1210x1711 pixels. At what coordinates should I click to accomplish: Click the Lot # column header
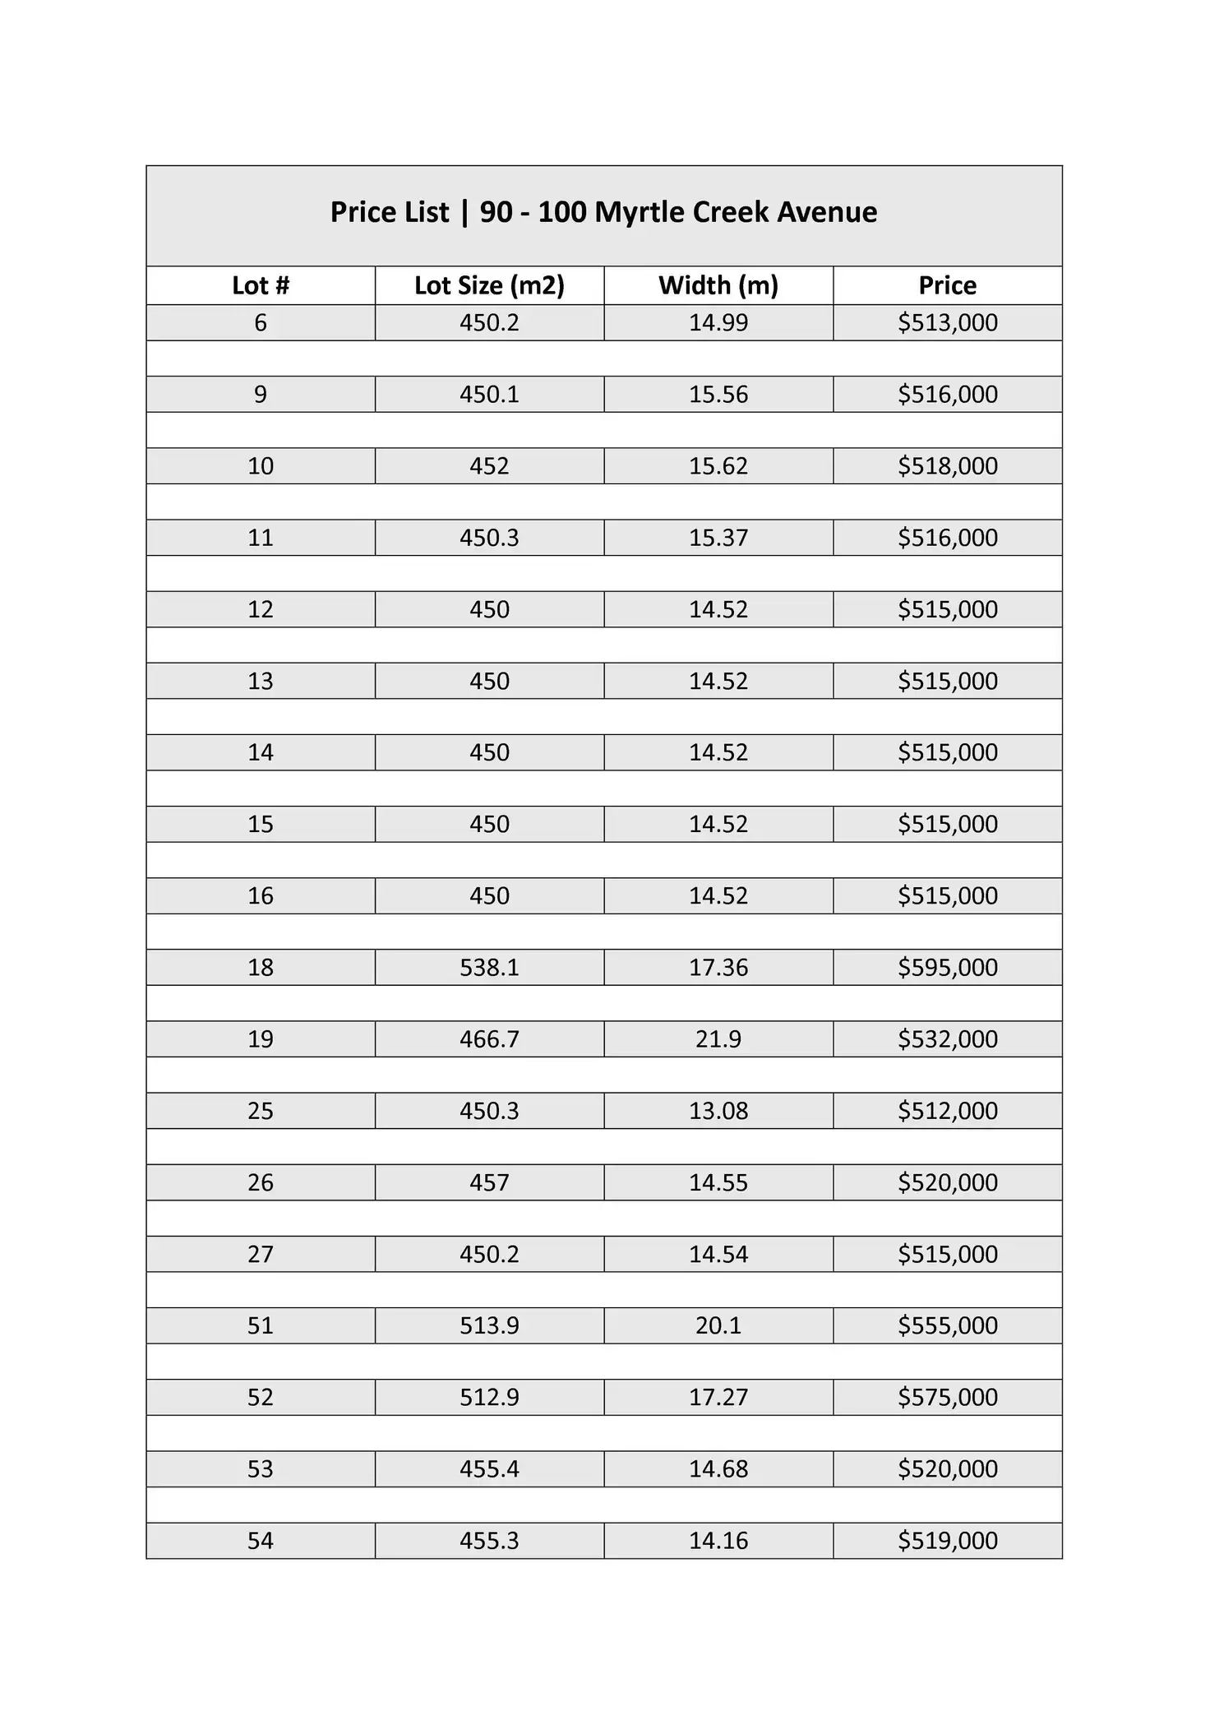[261, 285]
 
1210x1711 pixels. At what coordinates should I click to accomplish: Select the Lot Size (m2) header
[489, 285]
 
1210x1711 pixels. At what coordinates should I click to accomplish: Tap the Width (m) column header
[718, 285]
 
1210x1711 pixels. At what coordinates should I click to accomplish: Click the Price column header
[948, 285]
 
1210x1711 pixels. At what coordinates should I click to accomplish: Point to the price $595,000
[948, 968]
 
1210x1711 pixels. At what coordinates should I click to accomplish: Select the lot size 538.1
[489, 968]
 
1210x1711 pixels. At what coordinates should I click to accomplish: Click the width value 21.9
[718, 1039]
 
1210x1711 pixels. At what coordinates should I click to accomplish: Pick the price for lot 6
[948, 322]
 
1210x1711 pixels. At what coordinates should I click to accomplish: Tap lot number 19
[261, 1039]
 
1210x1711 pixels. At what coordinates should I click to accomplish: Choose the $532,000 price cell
[948, 1039]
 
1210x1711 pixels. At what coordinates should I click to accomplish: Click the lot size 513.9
[489, 1325]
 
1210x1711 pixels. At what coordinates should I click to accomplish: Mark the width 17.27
[718, 1397]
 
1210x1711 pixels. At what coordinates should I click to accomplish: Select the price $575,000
[948, 1397]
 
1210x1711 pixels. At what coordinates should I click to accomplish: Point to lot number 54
[261, 1540]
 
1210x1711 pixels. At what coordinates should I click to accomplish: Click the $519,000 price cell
[948, 1540]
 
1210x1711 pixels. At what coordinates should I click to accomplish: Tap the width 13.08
[718, 1111]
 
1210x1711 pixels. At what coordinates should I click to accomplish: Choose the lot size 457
[489, 1182]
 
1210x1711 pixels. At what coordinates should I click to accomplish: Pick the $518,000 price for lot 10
[948, 466]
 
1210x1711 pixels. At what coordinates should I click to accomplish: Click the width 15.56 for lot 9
[718, 395]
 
